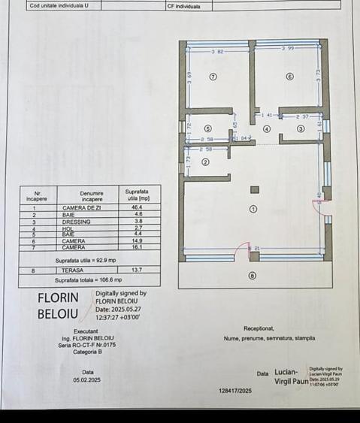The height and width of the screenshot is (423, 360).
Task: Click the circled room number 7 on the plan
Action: click(x=213, y=77)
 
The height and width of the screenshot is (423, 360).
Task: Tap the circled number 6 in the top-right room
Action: click(x=289, y=77)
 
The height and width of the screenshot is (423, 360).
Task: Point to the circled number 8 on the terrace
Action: click(x=252, y=276)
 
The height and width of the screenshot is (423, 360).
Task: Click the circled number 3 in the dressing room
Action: click(x=301, y=128)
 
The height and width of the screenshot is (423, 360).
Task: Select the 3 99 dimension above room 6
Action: click(x=288, y=49)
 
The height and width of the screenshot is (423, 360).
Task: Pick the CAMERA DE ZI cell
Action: click(x=79, y=207)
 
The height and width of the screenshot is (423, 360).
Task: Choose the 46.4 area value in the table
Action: click(x=137, y=207)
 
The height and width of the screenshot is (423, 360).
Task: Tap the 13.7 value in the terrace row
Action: click(x=137, y=270)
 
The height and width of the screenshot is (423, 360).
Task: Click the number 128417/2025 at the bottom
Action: click(x=238, y=391)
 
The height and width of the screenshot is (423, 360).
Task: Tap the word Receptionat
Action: click(x=259, y=328)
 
